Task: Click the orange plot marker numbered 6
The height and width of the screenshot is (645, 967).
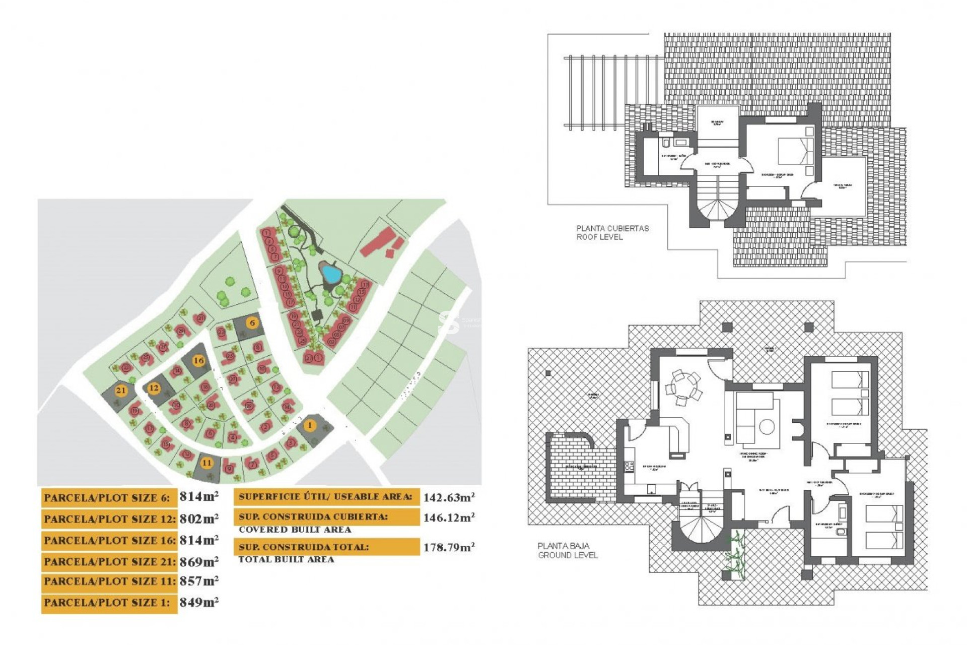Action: coord(252,322)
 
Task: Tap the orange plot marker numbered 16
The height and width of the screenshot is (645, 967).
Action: coord(199,360)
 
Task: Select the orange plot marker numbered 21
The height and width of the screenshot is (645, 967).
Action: coord(120,391)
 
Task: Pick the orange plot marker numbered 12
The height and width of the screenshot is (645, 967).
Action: coord(154,388)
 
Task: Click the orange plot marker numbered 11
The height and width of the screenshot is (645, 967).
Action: coord(206,463)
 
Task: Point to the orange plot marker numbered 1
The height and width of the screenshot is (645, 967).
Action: coord(310,425)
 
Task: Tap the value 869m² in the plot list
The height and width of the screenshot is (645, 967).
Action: coord(199,561)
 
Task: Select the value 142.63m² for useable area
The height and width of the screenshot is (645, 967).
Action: coord(448,497)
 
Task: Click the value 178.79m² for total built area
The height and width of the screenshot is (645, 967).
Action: coord(448,547)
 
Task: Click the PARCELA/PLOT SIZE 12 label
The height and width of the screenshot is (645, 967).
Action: coord(109,519)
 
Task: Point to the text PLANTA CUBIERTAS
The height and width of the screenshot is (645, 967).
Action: coord(612,228)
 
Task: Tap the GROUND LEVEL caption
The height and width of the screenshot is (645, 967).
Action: coord(568,555)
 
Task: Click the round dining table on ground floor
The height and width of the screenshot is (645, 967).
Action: coord(683,389)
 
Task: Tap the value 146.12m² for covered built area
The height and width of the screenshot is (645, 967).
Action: coord(448,518)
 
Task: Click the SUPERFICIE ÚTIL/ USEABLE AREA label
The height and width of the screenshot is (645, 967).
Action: coord(326,497)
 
